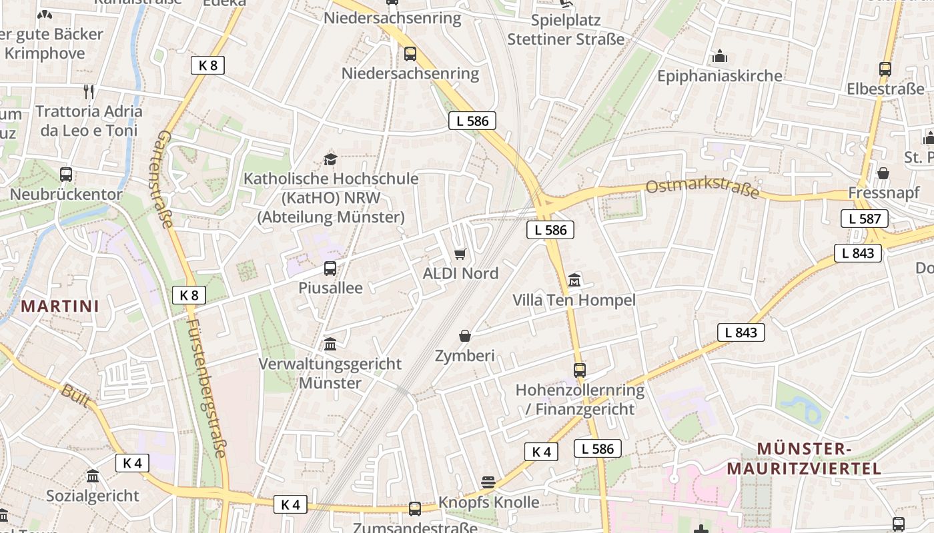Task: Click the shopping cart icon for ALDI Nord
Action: (x=460, y=254)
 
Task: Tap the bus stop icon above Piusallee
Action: (x=330, y=268)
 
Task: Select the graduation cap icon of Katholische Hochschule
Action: (x=330, y=159)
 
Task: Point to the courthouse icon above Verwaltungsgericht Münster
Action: (x=330, y=344)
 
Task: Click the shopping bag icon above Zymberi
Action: (x=465, y=336)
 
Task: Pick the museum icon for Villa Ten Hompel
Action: (x=574, y=280)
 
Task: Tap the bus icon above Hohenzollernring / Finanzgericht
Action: (x=580, y=370)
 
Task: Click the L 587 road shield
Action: (x=865, y=218)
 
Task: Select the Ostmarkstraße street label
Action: (x=703, y=186)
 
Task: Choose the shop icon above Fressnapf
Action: (x=883, y=173)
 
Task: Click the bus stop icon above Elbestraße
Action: (x=885, y=69)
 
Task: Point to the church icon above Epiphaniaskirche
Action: (x=720, y=57)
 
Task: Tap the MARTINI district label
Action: (x=60, y=306)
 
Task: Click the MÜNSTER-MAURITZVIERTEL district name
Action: (x=804, y=458)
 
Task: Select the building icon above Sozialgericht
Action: (x=93, y=476)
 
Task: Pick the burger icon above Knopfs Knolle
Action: (x=488, y=482)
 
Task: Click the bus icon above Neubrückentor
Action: (x=66, y=175)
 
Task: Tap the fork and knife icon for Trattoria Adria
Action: (x=89, y=91)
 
